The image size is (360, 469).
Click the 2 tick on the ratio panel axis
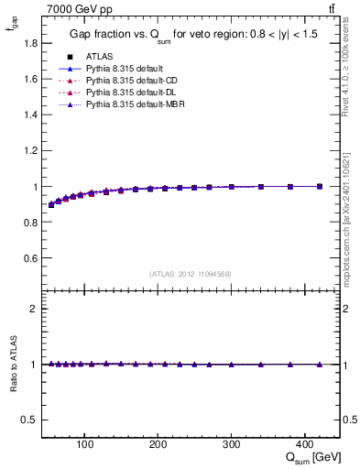[32, 309]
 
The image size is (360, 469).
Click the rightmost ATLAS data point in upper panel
[320, 186]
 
